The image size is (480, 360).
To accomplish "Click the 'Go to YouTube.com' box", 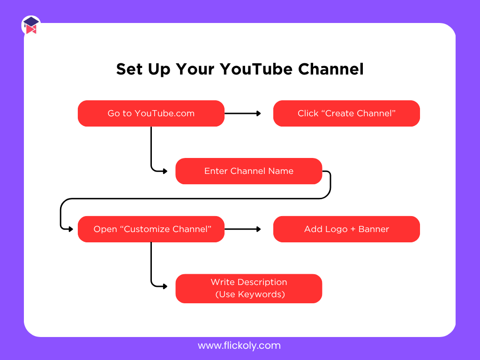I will pyautogui.click(x=151, y=113).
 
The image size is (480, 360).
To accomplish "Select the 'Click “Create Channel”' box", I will pyautogui.click(x=346, y=113).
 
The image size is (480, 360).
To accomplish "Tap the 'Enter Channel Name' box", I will pyautogui.click(x=248, y=171).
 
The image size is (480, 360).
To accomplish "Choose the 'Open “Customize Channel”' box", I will pyautogui.click(x=151, y=229).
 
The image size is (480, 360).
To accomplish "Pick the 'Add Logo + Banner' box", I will pyautogui.click(x=346, y=229).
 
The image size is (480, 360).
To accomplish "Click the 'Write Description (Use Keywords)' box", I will pyautogui.click(x=248, y=288).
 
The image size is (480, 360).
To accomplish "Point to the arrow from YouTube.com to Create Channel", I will pyautogui.click(x=242, y=113).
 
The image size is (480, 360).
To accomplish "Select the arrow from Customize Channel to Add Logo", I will pyautogui.click(x=242, y=229).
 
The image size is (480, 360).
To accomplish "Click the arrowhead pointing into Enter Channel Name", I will pyautogui.click(x=165, y=171).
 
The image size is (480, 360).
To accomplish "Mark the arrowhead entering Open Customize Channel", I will pyautogui.click(x=71, y=229).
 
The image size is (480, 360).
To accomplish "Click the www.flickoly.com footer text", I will pyautogui.click(x=239, y=346).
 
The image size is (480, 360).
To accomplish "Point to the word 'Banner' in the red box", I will pyautogui.click(x=374, y=229).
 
